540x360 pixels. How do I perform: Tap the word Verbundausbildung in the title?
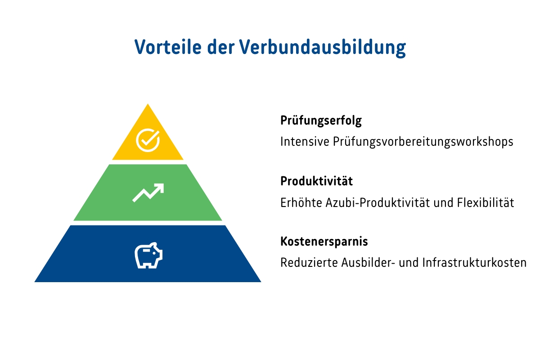tap(323, 47)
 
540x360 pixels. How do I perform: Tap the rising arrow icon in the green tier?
tap(148, 192)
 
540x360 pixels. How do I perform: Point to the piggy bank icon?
tap(148, 256)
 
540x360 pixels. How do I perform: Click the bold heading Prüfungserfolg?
tap(321, 121)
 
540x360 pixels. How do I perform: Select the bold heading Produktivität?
tap(316, 181)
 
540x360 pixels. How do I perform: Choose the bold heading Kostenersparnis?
tap(324, 242)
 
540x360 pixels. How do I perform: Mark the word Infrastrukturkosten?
tap(474, 263)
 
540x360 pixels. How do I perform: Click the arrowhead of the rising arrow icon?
tap(160, 187)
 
